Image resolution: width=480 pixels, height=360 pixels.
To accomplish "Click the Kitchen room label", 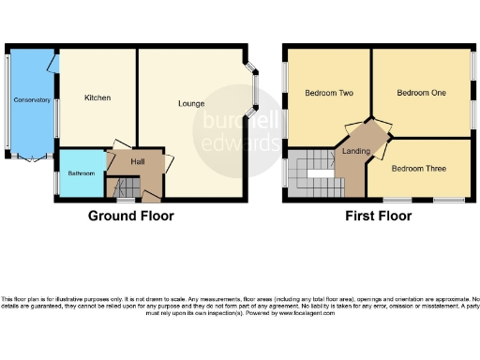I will pyautogui.click(x=97, y=97).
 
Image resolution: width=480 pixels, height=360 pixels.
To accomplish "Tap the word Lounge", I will pyautogui.click(x=192, y=103).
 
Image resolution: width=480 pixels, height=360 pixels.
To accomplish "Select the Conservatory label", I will pyautogui.click(x=31, y=99).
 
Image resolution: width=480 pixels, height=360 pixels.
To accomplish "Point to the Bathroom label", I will pyautogui.click(x=81, y=173).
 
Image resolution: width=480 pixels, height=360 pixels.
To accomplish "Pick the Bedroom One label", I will pyautogui.click(x=421, y=93).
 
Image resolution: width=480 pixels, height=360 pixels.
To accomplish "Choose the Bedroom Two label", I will pyautogui.click(x=329, y=93).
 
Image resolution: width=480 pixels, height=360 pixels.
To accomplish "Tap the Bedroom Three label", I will pyautogui.click(x=417, y=169).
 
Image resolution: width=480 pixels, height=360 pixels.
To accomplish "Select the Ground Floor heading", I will pyautogui.click(x=130, y=216).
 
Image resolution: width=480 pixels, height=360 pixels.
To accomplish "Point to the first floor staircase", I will pyautogui.click(x=313, y=172).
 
